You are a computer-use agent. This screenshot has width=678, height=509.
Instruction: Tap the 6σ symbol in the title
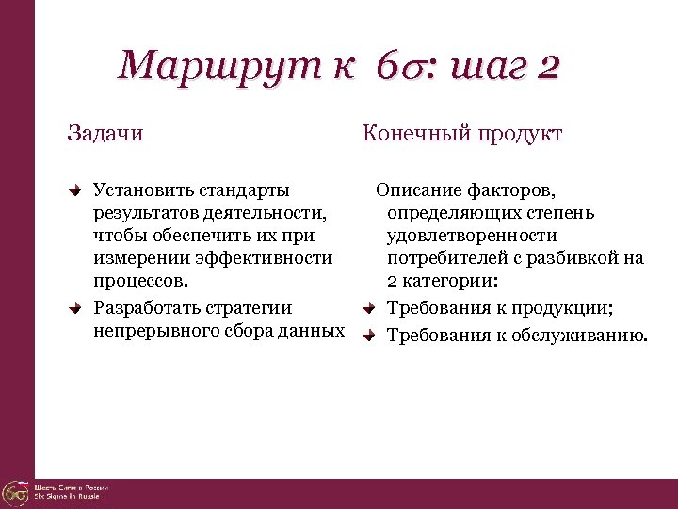coord(395,68)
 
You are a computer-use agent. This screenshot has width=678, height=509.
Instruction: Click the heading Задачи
coord(105,133)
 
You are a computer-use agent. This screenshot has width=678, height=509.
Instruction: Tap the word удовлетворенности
coord(472,235)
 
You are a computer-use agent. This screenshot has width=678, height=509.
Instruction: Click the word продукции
coord(564,308)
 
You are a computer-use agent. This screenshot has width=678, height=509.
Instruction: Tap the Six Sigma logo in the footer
coord(15,493)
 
